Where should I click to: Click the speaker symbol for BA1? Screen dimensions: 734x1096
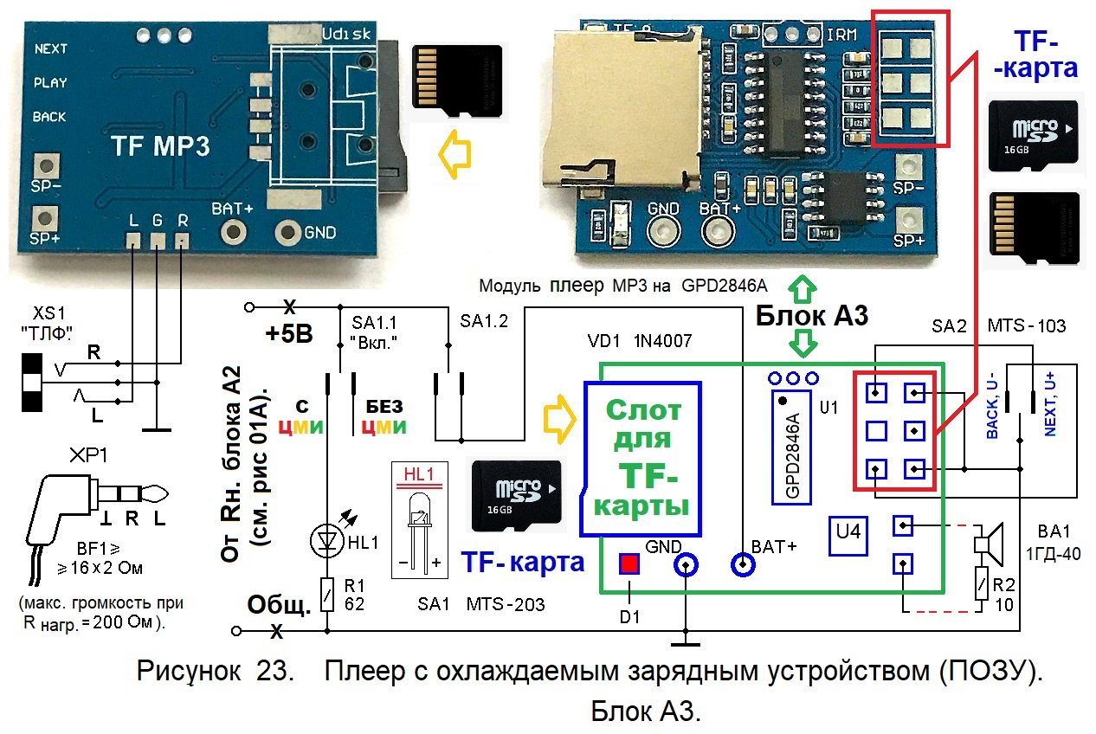pos(987,543)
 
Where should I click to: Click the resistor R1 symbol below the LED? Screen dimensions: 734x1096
pos(326,593)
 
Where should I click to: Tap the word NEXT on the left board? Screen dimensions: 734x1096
pos(51,49)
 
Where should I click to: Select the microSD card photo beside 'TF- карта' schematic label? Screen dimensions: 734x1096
pos(517,495)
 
